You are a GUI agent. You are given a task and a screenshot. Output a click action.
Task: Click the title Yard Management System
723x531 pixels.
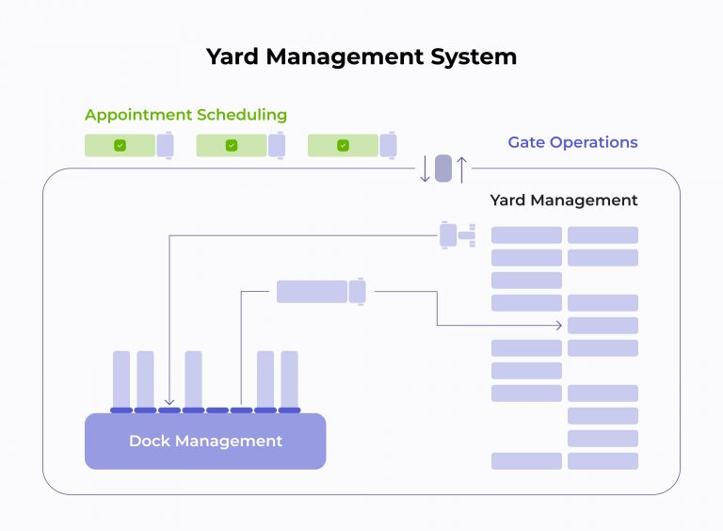tap(361, 56)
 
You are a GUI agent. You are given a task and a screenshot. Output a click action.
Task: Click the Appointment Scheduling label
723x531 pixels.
tap(185, 115)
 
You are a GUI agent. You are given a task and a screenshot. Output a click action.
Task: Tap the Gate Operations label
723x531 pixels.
tap(572, 142)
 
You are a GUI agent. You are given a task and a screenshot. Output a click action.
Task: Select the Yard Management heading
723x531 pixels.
tap(564, 201)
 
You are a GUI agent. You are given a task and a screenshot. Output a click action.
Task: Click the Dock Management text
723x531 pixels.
tap(205, 441)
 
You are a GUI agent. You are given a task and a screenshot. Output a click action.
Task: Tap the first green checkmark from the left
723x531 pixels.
tap(120, 145)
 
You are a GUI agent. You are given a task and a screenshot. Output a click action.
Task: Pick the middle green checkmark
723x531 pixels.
tap(232, 145)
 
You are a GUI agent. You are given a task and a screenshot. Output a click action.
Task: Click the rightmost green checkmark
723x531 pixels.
tap(343, 145)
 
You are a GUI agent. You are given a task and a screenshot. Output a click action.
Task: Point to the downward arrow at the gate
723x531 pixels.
tap(425, 169)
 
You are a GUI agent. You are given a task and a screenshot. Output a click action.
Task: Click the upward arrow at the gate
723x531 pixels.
tap(462, 169)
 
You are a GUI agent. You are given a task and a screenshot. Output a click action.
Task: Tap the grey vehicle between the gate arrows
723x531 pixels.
tap(443, 169)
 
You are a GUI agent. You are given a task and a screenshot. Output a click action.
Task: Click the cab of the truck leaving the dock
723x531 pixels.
tap(357, 292)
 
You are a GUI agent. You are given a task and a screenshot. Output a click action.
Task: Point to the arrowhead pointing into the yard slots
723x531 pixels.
tap(559, 326)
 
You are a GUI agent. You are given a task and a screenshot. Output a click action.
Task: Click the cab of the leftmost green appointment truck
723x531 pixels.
tap(165, 145)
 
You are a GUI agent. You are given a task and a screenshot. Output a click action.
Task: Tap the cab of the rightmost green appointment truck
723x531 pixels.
tap(388, 145)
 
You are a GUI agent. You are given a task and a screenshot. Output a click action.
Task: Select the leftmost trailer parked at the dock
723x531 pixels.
tap(121, 378)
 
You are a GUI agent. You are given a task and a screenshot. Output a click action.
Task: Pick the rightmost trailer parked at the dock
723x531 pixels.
tap(289, 378)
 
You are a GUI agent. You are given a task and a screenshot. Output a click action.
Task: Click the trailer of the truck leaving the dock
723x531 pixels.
tap(312, 292)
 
